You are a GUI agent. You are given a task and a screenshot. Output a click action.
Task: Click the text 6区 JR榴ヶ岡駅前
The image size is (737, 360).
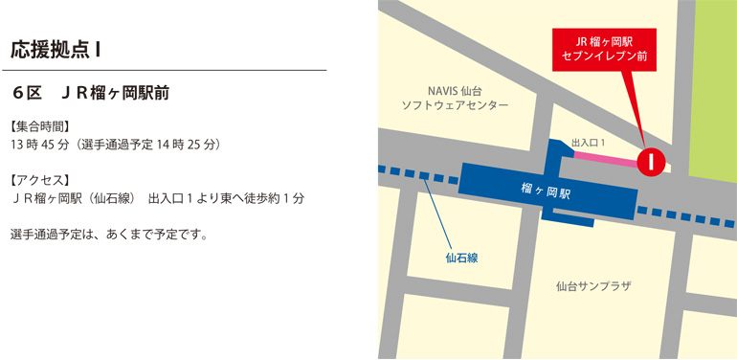(x=91, y=94)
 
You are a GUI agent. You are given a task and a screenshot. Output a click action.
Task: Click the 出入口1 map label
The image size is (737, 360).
(x=589, y=143)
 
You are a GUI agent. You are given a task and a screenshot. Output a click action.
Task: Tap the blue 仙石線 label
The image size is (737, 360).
(x=461, y=258)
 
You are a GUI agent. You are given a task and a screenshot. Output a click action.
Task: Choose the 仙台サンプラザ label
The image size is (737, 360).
(x=593, y=285)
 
